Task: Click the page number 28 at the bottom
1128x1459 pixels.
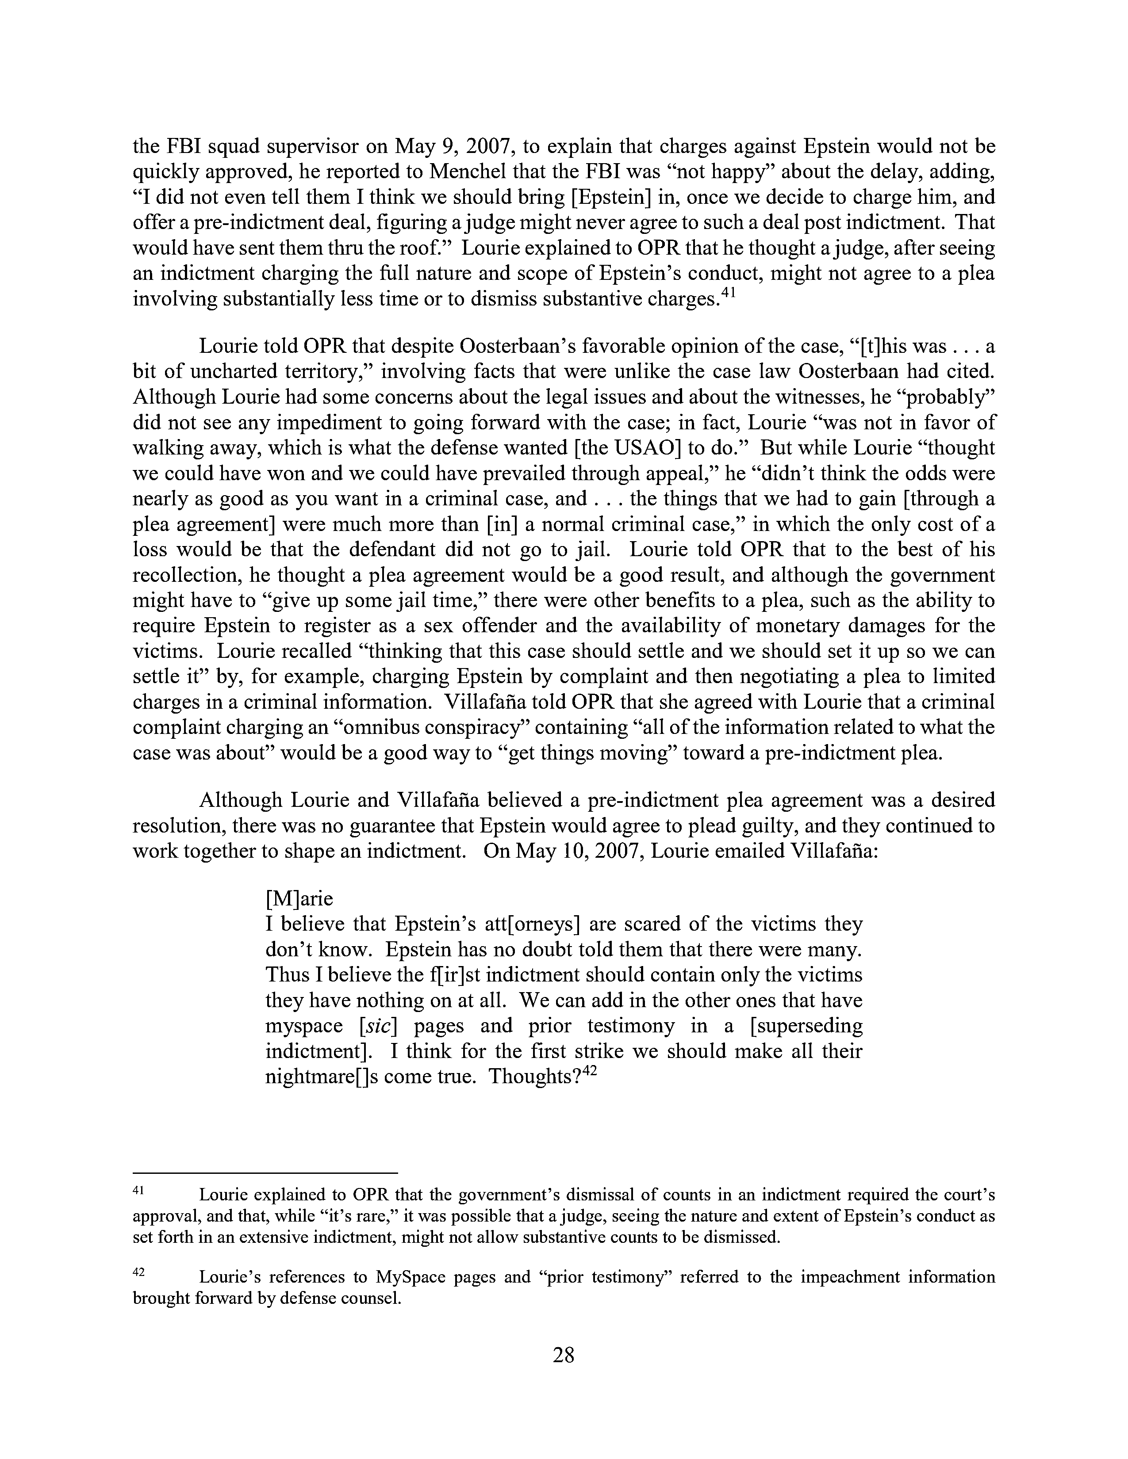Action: pyautogui.click(x=563, y=1355)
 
